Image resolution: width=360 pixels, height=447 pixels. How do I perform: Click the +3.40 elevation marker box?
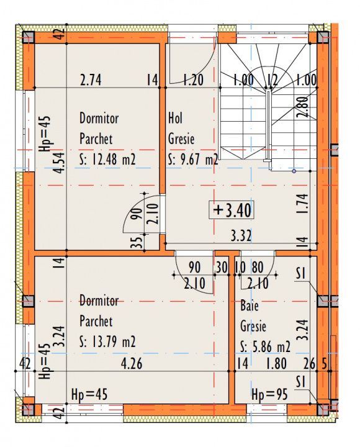231,210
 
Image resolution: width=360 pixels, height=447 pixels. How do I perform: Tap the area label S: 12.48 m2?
107,160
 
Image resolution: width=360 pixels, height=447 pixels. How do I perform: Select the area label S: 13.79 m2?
107,341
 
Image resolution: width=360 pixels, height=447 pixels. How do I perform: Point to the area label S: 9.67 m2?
193,160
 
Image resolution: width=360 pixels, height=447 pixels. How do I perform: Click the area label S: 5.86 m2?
266,346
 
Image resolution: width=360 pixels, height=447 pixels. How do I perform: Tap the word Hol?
175,118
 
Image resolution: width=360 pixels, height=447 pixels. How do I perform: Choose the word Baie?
250,305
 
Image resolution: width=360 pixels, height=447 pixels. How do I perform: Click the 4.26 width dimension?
132,364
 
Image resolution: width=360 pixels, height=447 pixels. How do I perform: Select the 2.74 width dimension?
91,80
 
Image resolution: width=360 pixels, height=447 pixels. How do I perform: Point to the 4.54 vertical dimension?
60,163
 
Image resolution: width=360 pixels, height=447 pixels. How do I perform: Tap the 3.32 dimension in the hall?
241,236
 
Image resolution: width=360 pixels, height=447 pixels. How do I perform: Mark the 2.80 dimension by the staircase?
304,107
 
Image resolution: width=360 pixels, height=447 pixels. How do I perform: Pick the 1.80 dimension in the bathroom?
276,364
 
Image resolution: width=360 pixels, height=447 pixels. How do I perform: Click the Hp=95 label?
269,395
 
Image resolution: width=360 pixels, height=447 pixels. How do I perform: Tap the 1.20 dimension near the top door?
193,80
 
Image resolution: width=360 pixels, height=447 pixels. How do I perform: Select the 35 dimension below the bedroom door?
137,242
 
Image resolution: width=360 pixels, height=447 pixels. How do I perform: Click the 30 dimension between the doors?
222,268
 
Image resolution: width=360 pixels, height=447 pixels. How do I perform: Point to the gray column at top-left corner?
28,37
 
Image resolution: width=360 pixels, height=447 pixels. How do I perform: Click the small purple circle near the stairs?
294,171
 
